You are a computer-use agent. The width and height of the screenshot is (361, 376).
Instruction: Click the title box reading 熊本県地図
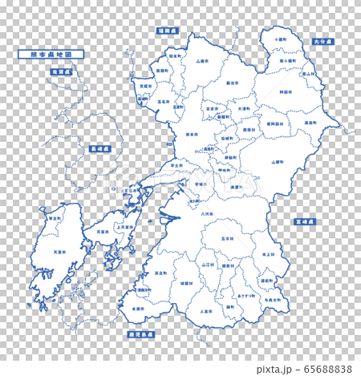coord(51,55)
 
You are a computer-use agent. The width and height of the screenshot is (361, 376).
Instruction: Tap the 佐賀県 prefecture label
coord(61,71)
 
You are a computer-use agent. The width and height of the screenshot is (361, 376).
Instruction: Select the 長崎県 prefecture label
coord(98,148)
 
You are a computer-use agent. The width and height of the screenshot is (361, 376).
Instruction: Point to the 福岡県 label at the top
coord(167,30)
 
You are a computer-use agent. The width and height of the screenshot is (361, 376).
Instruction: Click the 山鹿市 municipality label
coord(202,60)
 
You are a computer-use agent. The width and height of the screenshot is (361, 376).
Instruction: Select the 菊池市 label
coord(232,83)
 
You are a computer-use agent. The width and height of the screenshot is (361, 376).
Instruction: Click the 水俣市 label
coord(140,308)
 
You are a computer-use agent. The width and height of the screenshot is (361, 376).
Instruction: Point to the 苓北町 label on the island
coord(55,217)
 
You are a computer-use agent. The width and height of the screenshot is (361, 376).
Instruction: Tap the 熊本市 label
coord(191,135)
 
